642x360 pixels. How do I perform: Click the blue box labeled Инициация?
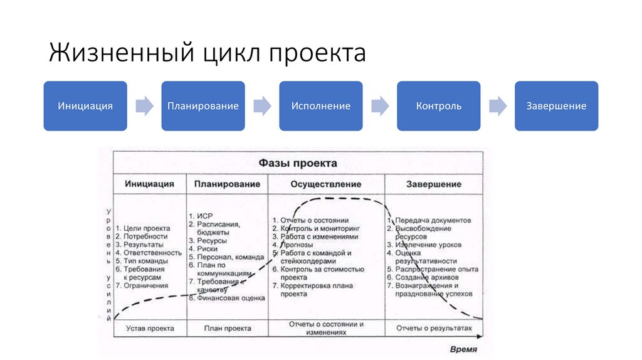[85, 106]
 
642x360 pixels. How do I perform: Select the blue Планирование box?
[203, 106]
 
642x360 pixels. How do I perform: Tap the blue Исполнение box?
[320, 106]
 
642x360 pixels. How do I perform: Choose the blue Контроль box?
[438, 106]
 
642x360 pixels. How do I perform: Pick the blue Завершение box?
[556, 106]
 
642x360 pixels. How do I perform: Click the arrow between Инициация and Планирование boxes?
[144, 106]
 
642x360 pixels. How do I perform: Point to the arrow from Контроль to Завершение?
[498, 106]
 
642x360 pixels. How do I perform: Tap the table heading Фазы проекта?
[298, 163]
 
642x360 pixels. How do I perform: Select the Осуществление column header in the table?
[325, 184]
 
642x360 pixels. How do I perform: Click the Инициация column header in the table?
[149, 184]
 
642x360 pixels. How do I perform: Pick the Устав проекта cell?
[150, 328]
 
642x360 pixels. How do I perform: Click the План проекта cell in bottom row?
[228, 328]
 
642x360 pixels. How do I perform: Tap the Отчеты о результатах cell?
[433, 328]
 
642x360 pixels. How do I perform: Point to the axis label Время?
[463, 348]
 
